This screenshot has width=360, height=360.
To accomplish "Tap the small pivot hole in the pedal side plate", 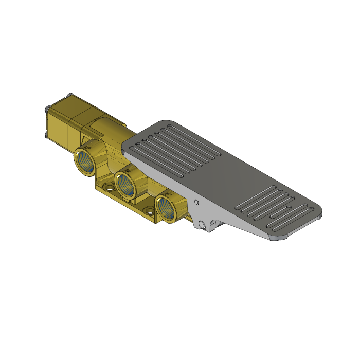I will [196, 202].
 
